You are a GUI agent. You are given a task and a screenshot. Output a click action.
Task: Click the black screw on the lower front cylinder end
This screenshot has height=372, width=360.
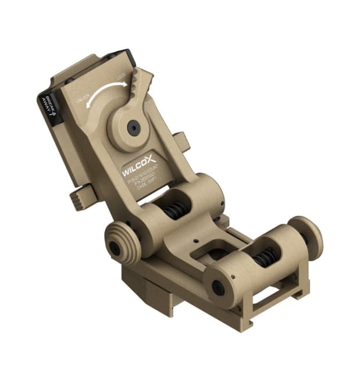(218, 287)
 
